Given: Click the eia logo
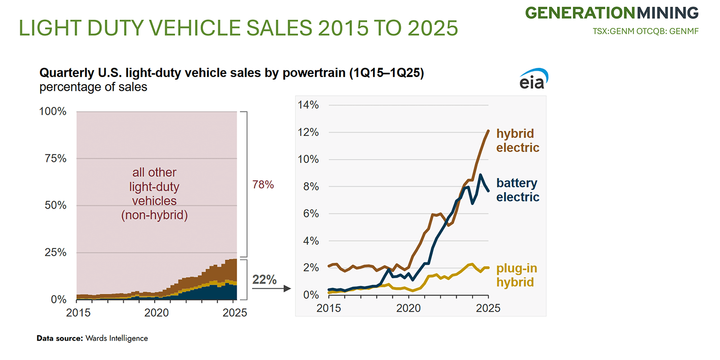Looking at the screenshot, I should (534, 79).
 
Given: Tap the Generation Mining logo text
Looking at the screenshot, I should (612, 13).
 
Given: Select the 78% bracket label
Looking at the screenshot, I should (263, 184).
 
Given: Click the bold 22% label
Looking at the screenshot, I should (264, 279).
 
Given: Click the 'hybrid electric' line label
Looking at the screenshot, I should (517, 140).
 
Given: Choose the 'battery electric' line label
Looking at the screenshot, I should (517, 190).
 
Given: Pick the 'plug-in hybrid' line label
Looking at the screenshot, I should (516, 275).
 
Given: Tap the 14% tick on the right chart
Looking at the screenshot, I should (308, 105).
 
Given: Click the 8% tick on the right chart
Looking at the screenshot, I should (310, 186).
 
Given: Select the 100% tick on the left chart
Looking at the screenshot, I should (53, 111).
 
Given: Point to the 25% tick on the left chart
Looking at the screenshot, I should (55, 252).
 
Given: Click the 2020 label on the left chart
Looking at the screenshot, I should (157, 313).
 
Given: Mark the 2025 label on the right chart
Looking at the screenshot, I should (488, 308).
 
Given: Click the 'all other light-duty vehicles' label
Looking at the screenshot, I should (154, 193).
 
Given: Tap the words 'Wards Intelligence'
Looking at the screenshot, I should (117, 338).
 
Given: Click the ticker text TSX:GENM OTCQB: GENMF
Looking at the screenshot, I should (645, 31).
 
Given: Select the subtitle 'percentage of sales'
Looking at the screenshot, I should (93, 87).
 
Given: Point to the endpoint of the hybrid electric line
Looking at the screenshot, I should (488, 131).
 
